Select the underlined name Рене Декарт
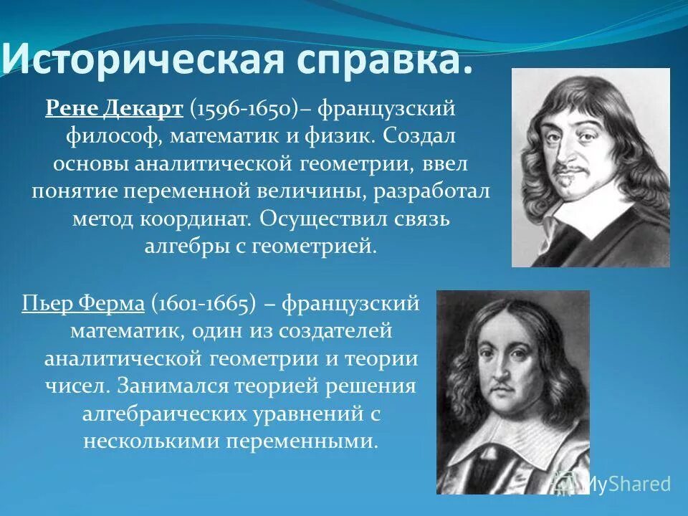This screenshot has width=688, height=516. [113, 108]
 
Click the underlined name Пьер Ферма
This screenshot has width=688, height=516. [83, 303]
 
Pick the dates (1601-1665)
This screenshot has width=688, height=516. [203, 303]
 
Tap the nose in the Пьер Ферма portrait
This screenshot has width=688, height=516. [502, 372]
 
